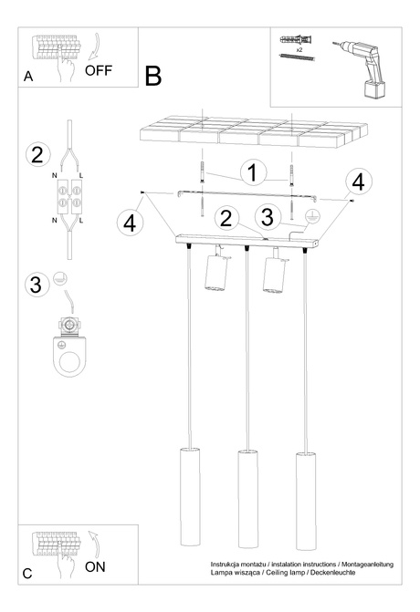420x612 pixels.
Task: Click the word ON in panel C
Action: [x=95, y=566]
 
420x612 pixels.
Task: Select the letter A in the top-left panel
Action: [x=28, y=78]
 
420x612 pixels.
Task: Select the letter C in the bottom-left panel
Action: [x=27, y=574]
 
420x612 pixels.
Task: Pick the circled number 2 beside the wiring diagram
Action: [x=37, y=154]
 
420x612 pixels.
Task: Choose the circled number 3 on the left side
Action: [x=36, y=285]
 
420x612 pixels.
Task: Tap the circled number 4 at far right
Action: [x=359, y=181]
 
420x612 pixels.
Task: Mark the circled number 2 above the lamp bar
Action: [x=229, y=217]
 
